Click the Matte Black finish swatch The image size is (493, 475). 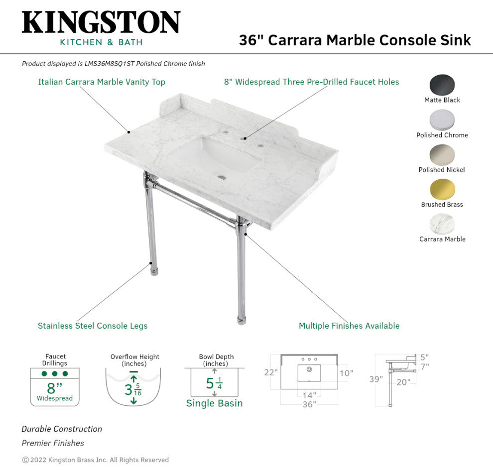pos(442,85)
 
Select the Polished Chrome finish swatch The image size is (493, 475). pos(442,120)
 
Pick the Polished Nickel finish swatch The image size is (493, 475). pos(442,154)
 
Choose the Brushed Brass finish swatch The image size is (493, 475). pos(442,189)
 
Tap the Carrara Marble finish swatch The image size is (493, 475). pos(442,224)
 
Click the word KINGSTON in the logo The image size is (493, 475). pos(101,22)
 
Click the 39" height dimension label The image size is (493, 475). pos(376,379)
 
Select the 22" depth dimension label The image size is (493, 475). pos(271,372)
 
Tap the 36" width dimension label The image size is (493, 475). pos(309,404)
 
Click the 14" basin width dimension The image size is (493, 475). pos(309,395)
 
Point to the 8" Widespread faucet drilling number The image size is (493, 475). pos(54,388)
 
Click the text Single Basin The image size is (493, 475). pos(215,403)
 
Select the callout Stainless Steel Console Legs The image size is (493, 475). pos(93,326)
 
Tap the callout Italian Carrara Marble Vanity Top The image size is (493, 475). pos(102,82)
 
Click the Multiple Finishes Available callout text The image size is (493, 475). pos(349,326)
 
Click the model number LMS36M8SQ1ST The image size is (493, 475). pos(109,64)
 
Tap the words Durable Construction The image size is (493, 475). pos(62,429)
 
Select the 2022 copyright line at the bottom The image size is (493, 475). pos(95,460)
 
